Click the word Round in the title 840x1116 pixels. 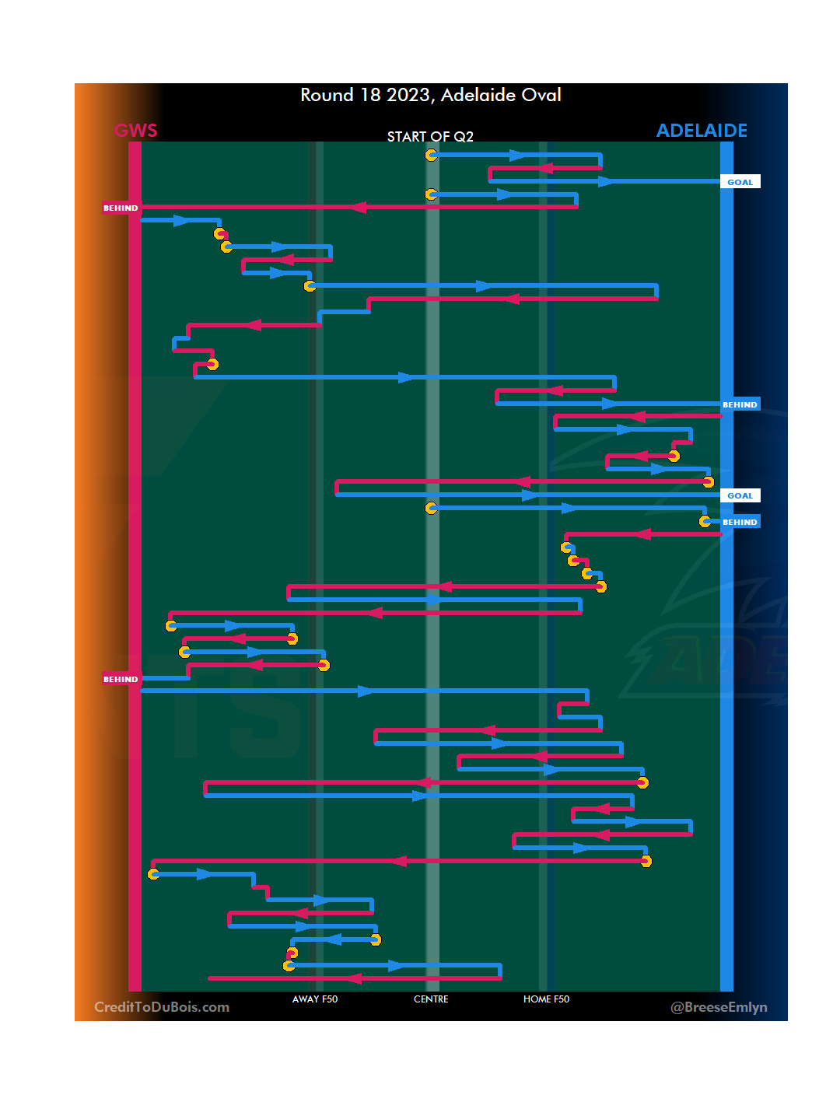point(327,96)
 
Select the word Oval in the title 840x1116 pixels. point(541,96)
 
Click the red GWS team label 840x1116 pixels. point(136,131)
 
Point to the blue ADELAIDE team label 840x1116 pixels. point(702,131)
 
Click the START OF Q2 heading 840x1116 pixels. point(430,137)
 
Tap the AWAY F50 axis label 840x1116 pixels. point(315,999)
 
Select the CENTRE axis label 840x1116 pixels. point(431,999)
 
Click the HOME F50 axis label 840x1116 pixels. point(546,999)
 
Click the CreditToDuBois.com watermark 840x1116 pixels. point(162,1007)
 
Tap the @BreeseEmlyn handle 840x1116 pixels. point(719,1007)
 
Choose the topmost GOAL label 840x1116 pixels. point(740,182)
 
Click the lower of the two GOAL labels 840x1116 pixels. point(740,495)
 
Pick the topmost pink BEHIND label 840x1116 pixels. point(121,208)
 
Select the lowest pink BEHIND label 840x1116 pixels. point(121,679)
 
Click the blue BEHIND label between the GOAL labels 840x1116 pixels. point(740,404)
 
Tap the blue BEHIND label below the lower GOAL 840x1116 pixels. point(740,522)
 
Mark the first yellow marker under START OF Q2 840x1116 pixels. point(431,156)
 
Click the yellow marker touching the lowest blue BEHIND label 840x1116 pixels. point(705,521)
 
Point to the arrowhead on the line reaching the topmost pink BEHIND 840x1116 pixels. point(357,207)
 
